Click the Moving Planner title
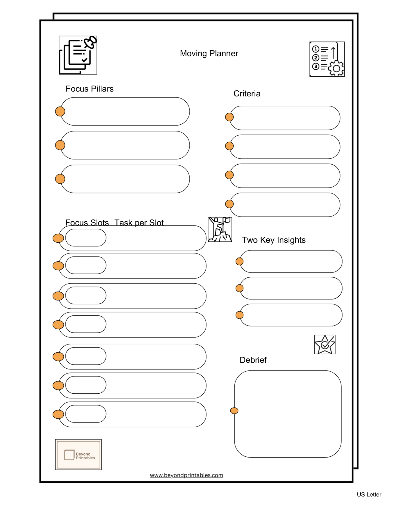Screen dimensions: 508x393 coord(209,54)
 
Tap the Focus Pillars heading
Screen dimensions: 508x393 coord(89,89)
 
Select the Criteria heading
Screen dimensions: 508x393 coord(247,94)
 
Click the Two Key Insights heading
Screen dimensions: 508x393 coord(274,240)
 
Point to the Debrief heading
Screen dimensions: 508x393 coord(253,360)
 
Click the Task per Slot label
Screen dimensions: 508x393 coord(139,223)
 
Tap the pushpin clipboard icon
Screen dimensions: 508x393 coord(78,55)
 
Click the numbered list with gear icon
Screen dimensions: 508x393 coord(327,59)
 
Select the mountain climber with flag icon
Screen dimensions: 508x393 coord(220,230)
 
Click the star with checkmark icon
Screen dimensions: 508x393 coord(325,344)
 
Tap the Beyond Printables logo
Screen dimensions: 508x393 coord(78,454)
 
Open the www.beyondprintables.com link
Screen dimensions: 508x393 coord(186,475)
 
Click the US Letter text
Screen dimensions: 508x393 coord(369,495)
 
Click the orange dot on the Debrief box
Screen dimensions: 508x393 coord(234,411)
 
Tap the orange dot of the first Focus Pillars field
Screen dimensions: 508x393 coord(60,111)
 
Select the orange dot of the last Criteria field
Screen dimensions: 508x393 coord(229,204)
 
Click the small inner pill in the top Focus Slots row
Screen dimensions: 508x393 coord(86,238)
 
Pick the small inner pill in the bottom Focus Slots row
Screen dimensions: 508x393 coord(86,414)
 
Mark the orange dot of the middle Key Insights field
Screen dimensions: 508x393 coord(239,288)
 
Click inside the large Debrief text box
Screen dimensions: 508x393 coord(288,414)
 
